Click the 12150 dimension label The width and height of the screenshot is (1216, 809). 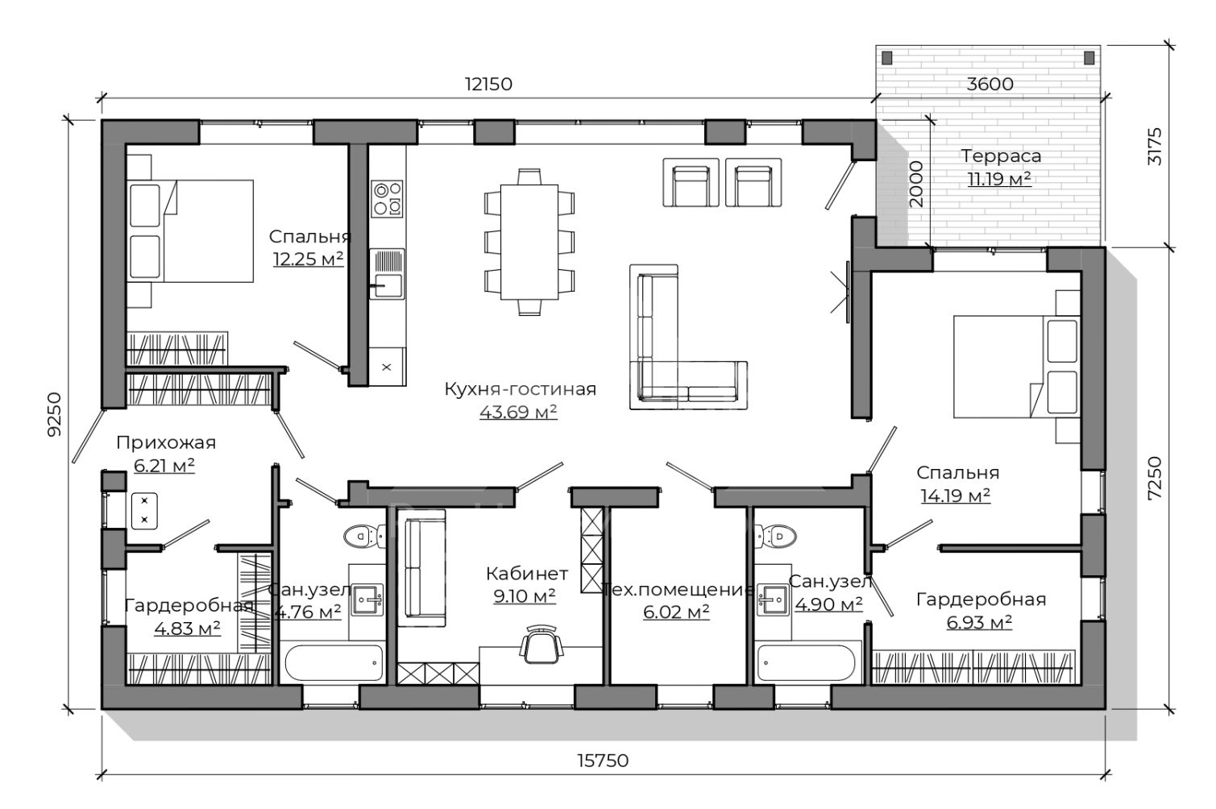click(x=488, y=84)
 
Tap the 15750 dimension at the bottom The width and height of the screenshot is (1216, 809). click(x=603, y=761)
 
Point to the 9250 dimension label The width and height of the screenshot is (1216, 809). click(x=55, y=414)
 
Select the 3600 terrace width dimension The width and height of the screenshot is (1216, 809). click(x=990, y=84)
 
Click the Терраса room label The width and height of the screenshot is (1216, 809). click(x=1001, y=156)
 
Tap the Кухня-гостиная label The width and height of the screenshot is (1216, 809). click(x=520, y=388)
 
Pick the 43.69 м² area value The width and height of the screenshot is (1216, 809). click(x=518, y=412)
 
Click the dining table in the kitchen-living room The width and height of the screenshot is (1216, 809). click(x=529, y=243)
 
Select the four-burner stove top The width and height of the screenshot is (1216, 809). click(x=387, y=199)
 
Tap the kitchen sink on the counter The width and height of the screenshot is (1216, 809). click(x=387, y=274)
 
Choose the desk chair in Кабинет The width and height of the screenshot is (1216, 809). click(x=541, y=644)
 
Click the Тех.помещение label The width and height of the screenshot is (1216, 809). click(x=679, y=589)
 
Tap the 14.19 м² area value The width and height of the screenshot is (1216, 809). click(x=956, y=496)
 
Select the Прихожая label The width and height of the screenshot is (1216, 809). click(x=166, y=443)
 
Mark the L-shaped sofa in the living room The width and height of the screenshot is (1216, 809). click(x=681, y=347)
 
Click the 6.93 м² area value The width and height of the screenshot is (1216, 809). click(x=979, y=622)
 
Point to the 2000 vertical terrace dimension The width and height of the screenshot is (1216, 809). click(x=915, y=184)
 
